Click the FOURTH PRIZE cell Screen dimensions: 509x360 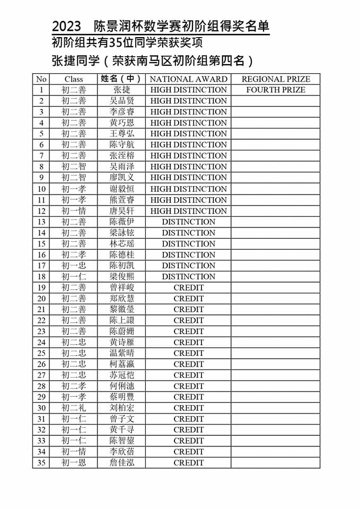276,90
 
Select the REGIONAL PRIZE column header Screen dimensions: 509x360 276,79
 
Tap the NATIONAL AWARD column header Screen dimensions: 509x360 189,79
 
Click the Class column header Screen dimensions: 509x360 74,79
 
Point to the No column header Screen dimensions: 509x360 41,79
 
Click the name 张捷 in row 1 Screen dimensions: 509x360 121,90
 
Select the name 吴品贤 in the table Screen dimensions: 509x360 121,101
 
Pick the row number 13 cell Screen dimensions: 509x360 41,222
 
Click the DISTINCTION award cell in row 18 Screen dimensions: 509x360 189,276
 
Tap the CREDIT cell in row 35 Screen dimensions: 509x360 189,462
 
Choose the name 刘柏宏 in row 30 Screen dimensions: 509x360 121,408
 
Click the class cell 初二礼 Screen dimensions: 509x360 74,408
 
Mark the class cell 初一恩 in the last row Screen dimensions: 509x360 74,462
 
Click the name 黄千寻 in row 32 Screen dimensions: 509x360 121,429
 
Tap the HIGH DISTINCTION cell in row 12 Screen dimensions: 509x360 189,210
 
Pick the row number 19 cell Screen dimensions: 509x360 41,287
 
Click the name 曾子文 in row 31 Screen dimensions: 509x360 121,419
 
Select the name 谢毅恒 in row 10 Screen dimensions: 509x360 121,189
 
